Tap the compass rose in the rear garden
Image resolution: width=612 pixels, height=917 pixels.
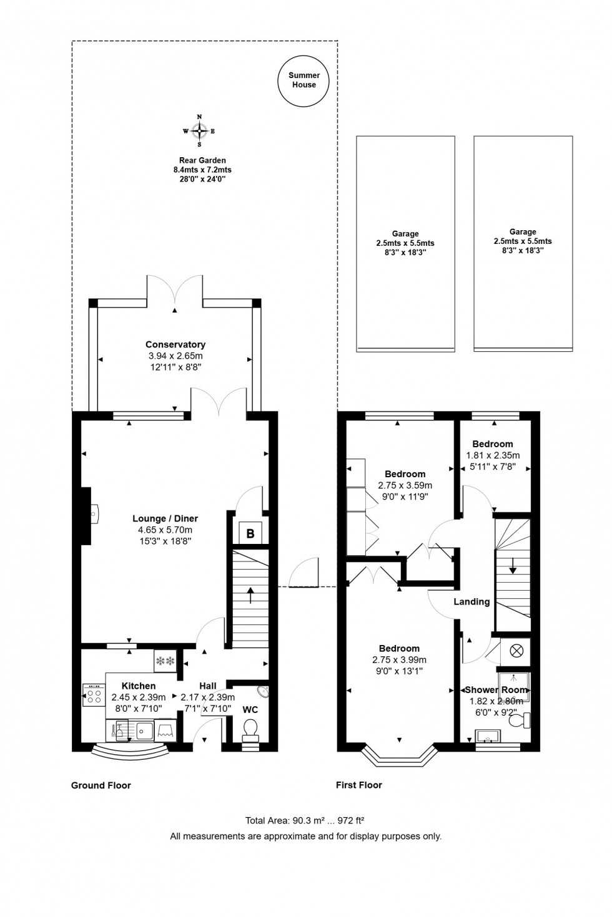(199, 131)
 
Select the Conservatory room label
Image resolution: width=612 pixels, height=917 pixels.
(175, 344)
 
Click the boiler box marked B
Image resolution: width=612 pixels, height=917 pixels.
(250, 533)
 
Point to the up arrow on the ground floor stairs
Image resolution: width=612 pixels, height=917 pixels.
(250, 594)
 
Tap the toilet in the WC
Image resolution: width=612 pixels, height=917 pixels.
(251, 729)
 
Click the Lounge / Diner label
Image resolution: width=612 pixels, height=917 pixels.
(165, 518)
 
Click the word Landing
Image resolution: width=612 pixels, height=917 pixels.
(471, 602)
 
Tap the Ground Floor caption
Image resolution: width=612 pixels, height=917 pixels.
(101, 785)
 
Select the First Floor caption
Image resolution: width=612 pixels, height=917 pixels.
(359, 785)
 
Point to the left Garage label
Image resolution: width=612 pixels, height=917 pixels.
(405, 234)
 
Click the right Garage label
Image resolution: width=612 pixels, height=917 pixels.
(523, 232)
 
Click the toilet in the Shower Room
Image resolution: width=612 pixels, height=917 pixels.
(519, 720)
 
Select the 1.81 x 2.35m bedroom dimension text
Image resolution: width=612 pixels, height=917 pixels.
(493, 455)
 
